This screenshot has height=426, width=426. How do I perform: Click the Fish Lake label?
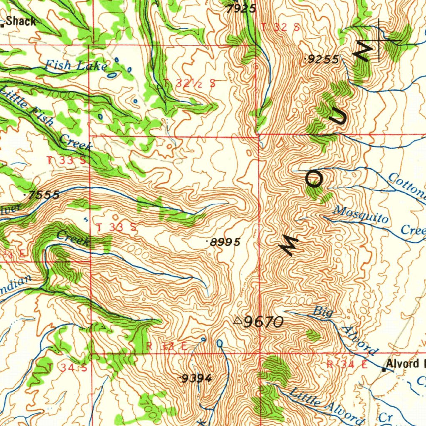tap(76, 65)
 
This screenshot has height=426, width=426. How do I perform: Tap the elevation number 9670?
tap(263, 322)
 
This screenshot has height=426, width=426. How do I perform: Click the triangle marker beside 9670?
tap(238, 320)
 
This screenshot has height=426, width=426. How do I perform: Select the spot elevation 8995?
tap(225, 242)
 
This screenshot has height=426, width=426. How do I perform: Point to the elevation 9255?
tap(323, 59)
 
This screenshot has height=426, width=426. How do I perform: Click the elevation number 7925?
tap(241, 8)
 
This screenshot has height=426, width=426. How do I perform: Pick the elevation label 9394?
tap(197, 378)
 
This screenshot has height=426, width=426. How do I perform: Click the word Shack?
tap(21, 22)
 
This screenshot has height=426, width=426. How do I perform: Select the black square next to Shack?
tap(2, 25)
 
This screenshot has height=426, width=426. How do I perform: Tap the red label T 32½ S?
tap(190, 83)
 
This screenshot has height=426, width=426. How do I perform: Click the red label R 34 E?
tap(347, 365)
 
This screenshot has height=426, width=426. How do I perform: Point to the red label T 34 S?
tap(67, 367)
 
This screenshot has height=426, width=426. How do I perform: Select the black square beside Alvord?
tap(384, 369)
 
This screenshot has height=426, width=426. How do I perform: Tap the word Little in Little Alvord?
tap(305, 397)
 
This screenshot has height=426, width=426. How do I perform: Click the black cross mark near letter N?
tap(379, 40)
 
